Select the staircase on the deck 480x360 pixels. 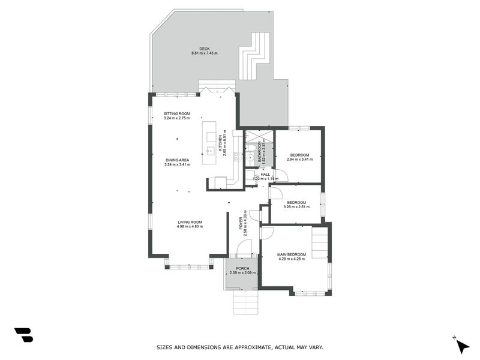point(254,56)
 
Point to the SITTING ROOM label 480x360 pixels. point(176,113)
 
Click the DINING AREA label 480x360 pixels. point(176,160)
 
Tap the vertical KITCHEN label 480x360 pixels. point(220,142)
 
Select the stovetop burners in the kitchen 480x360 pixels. point(238,157)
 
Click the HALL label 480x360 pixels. point(265,174)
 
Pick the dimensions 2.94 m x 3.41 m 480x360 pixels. point(299,160)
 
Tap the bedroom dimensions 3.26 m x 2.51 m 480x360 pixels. point(296,207)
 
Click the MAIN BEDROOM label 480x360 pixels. point(292,254)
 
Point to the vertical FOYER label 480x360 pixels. point(241,223)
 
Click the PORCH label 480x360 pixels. point(242,268)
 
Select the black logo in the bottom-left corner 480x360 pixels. point(23,335)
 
